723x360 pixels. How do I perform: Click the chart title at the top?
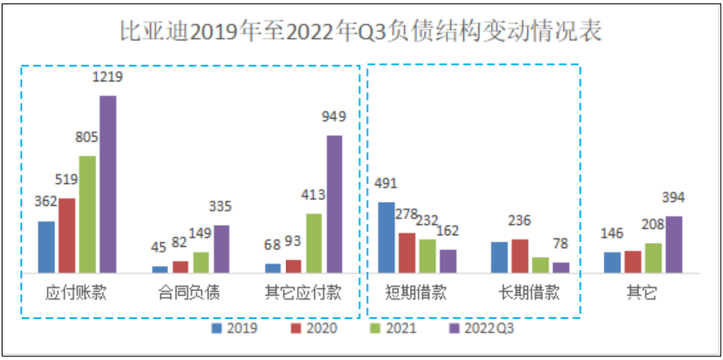point(360,32)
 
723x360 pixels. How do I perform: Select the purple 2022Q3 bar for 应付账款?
point(108,183)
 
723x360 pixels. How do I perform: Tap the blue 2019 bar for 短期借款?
point(387,237)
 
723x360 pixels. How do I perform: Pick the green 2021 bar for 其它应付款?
point(313,242)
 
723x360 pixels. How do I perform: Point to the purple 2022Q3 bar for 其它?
point(673,244)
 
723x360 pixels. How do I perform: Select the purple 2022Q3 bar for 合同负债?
point(221,248)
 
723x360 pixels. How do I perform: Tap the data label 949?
point(334,117)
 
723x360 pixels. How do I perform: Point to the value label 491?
point(387,183)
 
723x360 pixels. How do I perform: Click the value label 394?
point(673,198)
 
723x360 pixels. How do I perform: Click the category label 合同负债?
point(190,293)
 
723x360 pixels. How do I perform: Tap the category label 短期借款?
point(418,293)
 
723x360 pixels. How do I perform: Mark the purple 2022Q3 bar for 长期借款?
point(560,267)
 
